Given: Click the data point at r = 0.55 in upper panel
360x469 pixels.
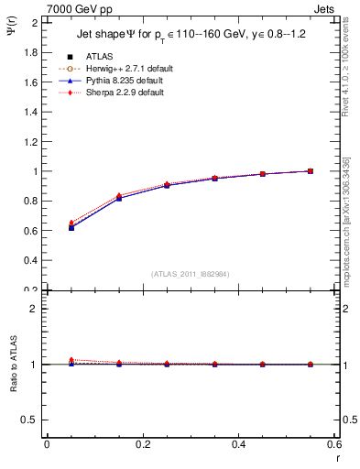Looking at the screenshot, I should coord(311,170).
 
